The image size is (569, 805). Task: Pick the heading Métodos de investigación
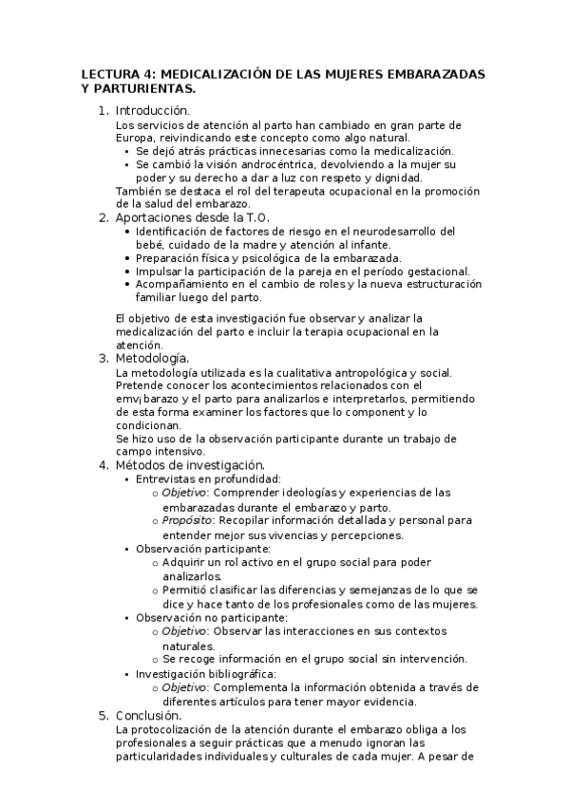click(190, 465)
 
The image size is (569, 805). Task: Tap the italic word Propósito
click(187, 521)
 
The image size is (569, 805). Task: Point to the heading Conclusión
click(148, 715)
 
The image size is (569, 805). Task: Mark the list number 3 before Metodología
click(103, 358)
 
